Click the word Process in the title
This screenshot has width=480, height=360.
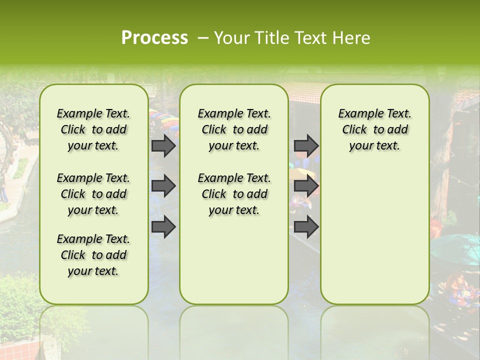click(154, 38)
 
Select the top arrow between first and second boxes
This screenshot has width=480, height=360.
click(163, 145)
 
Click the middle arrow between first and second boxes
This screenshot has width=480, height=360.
click(163, 186)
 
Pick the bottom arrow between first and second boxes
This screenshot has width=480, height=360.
click(163, 227)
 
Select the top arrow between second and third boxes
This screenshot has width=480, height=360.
click(306, 145)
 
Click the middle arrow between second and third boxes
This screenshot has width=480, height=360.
click(306, 186)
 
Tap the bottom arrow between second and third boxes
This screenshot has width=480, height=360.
click(306, 227)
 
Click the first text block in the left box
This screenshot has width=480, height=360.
click(93, 129)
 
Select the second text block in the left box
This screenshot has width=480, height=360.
click(93, 194)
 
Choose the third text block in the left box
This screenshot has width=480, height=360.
click(93, 255)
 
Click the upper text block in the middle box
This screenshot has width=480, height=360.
click(234, 129)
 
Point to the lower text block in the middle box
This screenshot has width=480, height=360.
click(234, 194)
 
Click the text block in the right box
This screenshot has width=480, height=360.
click(374, 129)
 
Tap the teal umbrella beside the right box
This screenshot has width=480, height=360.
click(452, 247)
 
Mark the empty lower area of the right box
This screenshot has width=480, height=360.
click(374, 235)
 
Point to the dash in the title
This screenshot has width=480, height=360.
click(202, 38)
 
